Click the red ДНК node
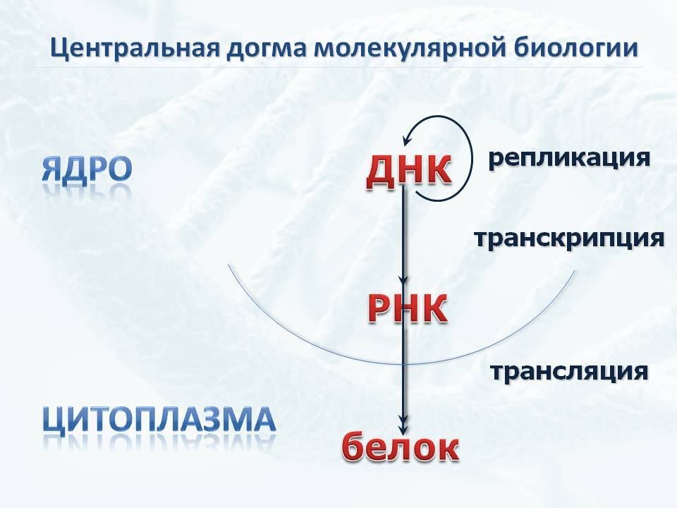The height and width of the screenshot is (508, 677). pos(408,171)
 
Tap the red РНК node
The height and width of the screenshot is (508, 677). pos(407,308)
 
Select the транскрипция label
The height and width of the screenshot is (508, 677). pos(569,238)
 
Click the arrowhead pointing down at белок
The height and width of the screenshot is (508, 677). pos(403,428)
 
